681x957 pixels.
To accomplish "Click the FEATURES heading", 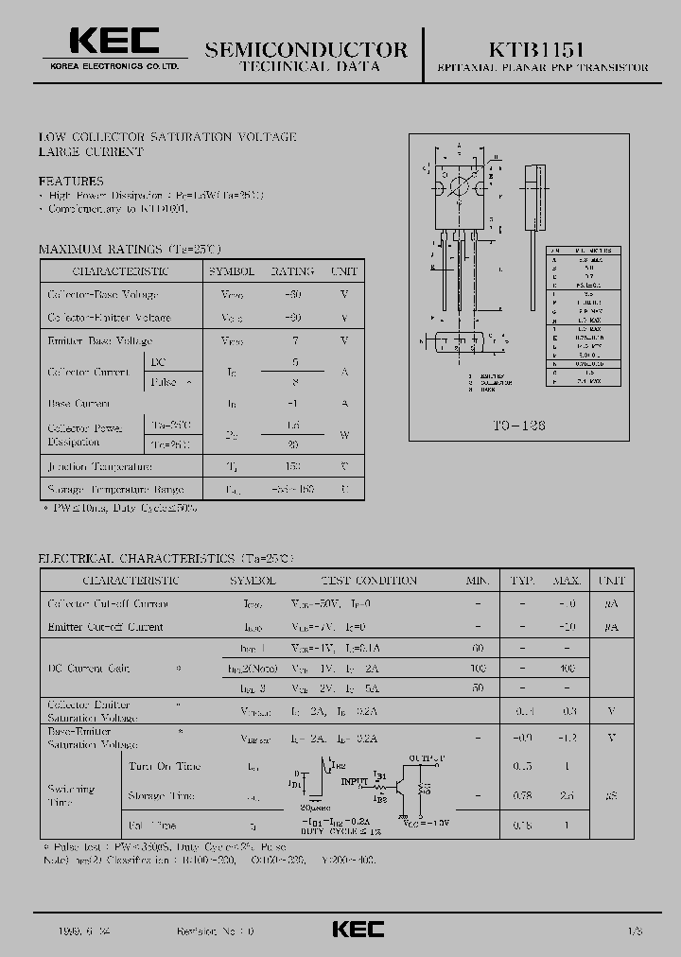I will point(71,181).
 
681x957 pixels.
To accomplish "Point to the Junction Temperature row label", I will point(100,467).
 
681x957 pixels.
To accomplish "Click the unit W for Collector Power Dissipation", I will point(344,434).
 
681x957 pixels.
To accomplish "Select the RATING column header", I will point(293,271).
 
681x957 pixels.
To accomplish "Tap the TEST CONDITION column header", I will point(369,581).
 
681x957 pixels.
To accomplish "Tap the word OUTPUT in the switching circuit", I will point(427,758).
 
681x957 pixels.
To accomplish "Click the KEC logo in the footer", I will point(358,930).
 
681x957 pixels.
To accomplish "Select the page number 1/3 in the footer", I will point(634,931).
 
